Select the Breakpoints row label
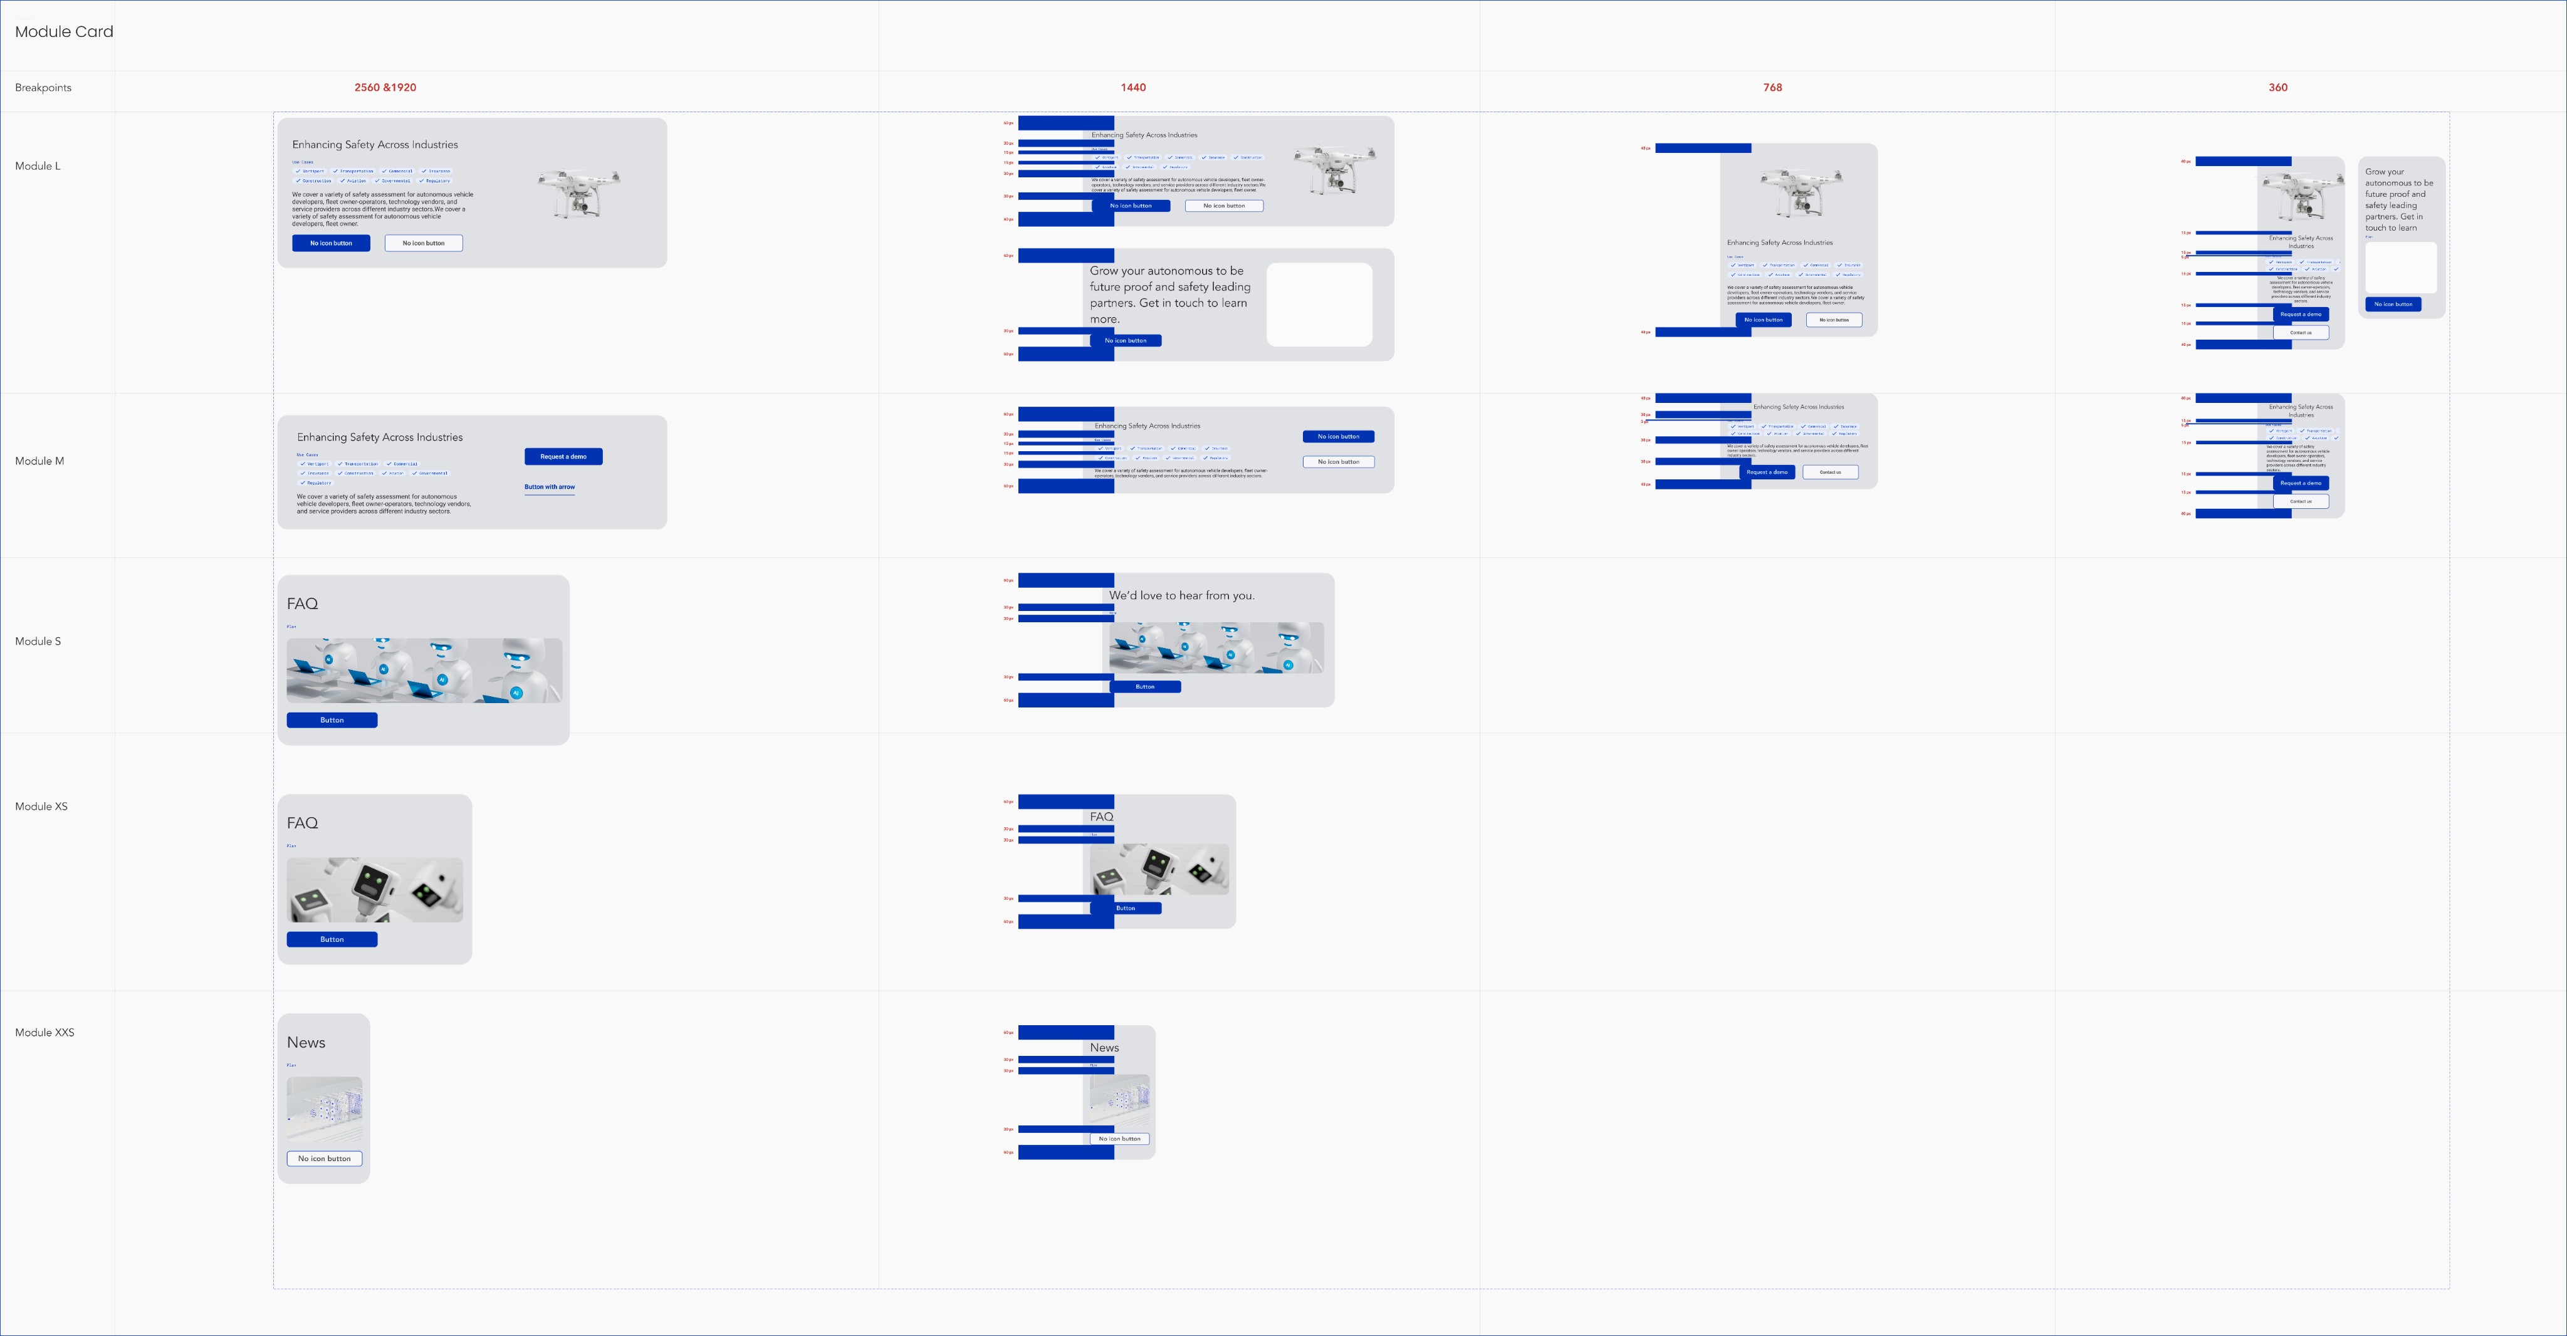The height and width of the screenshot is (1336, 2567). click(x=43, y=88)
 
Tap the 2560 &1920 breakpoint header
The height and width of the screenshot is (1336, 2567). click(x=385, y=88)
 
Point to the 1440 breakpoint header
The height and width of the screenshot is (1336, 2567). click(x=1133, y=88)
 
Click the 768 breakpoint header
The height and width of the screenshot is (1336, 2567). click(x=1772, y=88)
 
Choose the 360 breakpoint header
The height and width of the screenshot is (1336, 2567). click(x=2277, y=88)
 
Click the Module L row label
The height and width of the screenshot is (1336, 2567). click(x=38, y=167)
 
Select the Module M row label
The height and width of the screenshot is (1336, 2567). click(x=40, y=461)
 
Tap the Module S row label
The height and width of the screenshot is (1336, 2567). click(x=38, y=642)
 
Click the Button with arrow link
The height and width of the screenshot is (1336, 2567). click(x=549, y=487)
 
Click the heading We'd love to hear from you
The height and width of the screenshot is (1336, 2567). click(x=1182, y=596)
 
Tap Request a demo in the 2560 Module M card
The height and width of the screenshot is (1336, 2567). click(x=563, y=456)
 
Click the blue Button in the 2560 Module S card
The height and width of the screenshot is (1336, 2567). click(x=332, y=720)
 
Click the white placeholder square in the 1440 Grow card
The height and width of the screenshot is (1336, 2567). click(x=1319, y=305)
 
